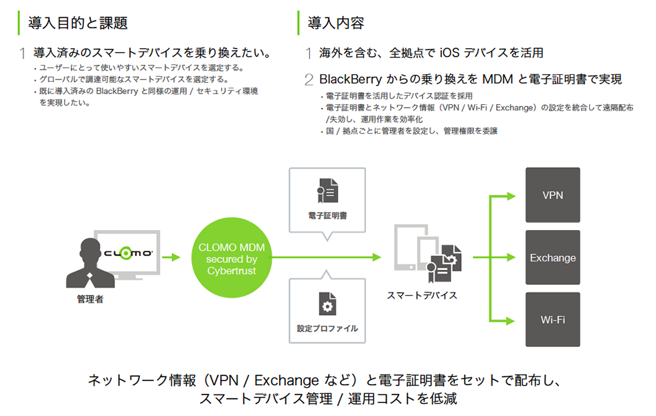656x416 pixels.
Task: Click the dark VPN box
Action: coord(552,195)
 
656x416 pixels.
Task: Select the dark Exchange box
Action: coord(552,257)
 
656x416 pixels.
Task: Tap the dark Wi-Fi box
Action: coord(552,319)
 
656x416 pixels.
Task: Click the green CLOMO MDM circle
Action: coord(232,257)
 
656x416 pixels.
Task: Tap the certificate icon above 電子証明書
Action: coord(327,191)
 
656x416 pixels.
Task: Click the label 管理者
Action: coord(90,299)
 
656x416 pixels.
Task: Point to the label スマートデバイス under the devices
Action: coord(422,295)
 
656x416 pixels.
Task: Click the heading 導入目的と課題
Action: coord(78,23)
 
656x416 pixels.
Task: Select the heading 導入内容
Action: coord(336,23)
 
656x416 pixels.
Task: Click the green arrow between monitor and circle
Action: coord(171,257)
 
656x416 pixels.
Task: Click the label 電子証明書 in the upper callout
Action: coord(327,217)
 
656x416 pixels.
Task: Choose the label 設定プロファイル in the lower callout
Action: coord(327,328)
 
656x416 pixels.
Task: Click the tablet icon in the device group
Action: coord(407,251)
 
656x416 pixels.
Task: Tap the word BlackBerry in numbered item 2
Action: coord(351,80)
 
